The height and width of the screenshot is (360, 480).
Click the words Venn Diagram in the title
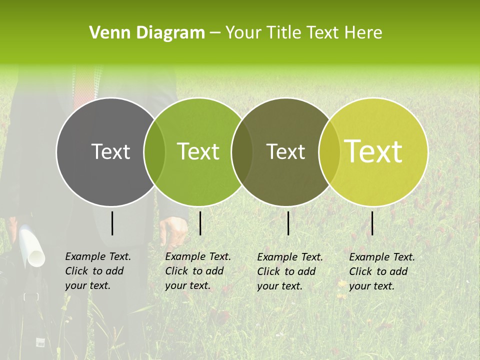(x=146, y=33)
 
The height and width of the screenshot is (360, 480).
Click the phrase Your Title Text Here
(x=303, y=33)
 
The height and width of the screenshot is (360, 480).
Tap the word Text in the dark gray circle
(x=110, y=151)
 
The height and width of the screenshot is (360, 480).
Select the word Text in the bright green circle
(x=198, y=151)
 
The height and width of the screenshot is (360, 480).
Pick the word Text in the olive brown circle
(x=285, y=151)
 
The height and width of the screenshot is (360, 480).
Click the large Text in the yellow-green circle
(x=373, y=151)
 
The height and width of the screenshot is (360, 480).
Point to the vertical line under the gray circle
(x=112, y=223)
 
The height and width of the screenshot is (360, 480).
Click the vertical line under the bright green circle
(x=200, y=223)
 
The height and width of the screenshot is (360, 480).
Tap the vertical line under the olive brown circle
(x=288, y=223)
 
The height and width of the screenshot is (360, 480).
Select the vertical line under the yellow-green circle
(x=372, y=223)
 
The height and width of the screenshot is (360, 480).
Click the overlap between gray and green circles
(x=154, y=152)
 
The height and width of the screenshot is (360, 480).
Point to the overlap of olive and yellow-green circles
(x=327, y=152)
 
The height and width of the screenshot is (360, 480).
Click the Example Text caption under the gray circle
(x=97, y=271)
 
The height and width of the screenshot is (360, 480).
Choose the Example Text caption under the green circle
(x=197, y=271)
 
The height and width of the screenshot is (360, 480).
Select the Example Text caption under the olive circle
(x=289, y=271)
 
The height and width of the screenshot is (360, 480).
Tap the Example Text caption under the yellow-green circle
(x=381, y=271)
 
